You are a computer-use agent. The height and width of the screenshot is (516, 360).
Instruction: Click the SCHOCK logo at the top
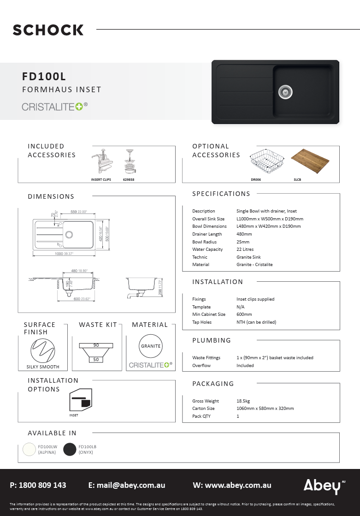(48, 30)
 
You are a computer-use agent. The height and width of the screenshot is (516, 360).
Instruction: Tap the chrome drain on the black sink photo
(285, 92)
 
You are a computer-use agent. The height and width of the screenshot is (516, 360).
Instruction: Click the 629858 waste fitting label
(129, 179)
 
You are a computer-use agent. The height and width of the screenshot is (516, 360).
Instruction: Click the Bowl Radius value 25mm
(243, 242)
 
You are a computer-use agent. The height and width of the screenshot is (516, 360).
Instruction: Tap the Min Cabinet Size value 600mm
(244, 314)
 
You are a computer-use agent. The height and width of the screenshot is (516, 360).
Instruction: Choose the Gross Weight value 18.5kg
(243, 401)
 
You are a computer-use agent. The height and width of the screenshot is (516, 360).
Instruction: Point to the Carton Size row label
(203, 409)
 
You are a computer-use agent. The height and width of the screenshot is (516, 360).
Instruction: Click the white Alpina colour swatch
(30, 449)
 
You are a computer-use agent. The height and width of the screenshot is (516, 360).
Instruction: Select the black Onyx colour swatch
(70, 449)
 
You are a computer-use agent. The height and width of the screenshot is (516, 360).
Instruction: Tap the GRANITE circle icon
(151, 346)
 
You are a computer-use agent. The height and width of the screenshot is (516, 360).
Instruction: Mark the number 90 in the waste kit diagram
(96, 345)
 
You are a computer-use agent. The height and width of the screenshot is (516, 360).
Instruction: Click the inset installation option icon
(80, 400)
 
